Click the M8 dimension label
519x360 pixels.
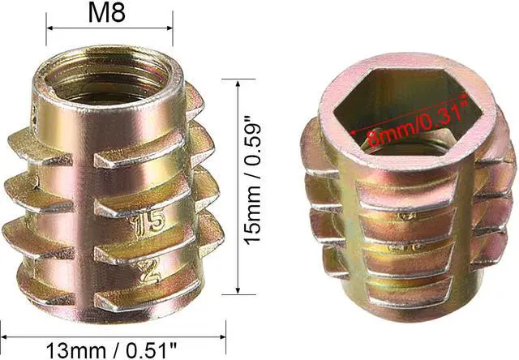click(x=106, y=14)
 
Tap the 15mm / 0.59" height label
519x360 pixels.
click(x=252, y=184)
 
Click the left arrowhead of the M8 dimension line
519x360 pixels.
click(x=49, y=28)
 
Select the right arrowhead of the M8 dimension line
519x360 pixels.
click(x=169, y=28)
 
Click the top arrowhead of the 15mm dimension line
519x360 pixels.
click(x=238, y=83)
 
